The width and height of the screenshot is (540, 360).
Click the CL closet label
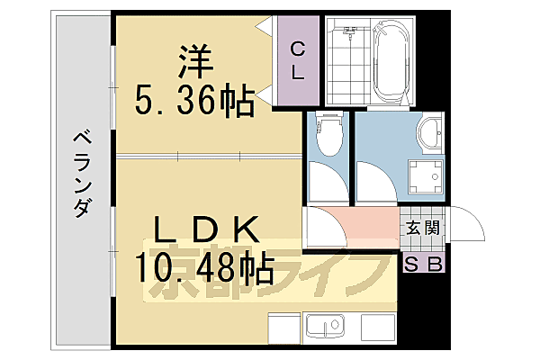(297, 58)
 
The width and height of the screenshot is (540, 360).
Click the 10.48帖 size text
(205, 267)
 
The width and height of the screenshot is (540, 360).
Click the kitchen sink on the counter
(326, 325)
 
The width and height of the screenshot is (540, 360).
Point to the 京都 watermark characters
(198, 279)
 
